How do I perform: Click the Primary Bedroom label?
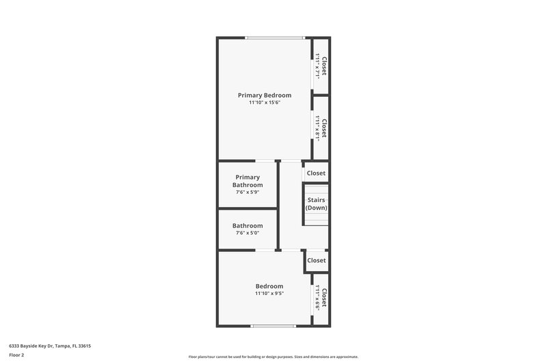coord(265,96)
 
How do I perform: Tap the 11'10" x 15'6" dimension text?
coord(265,103)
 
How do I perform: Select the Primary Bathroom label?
coord(248,181)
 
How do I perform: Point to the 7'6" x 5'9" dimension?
coord(248,193)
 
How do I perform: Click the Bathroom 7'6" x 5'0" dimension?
coord(248,234)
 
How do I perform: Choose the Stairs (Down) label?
coord(316,204)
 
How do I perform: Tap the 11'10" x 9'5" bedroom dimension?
coord(269,294)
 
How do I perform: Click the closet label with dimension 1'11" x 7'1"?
coord(325,66)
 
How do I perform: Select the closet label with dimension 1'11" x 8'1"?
coord(325,128)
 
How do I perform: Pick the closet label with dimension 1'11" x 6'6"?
coord(325,298)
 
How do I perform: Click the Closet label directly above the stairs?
coord(316,173)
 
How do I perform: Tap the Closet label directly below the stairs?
coord(316,260)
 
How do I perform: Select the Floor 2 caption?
coord(16,355)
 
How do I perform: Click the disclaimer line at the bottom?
coord(273,356)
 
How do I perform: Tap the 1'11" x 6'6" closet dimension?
coord(318,298)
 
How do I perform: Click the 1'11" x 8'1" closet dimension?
coord(318,128)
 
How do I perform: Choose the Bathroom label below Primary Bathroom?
coord(248,226)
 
